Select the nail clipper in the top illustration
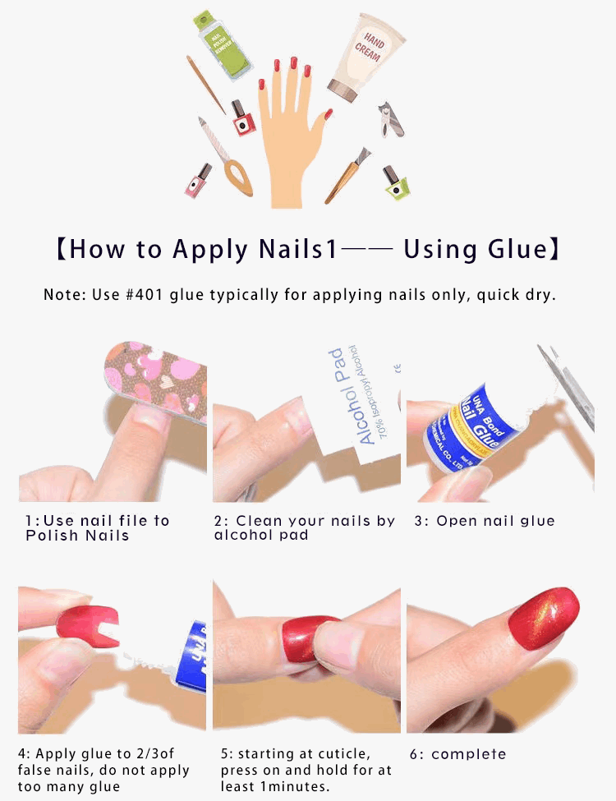[391, 120]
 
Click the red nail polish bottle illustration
[242, 119]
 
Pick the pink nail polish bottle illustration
[198, 182]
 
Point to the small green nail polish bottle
[396, 183]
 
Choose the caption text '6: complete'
[457, 754]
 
